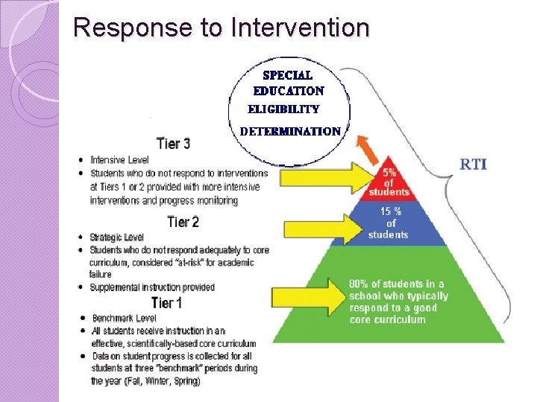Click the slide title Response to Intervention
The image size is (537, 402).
[x=222, y=28]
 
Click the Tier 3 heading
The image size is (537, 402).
[x=173, y=143]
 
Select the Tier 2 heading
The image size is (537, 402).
[x=183, y=222]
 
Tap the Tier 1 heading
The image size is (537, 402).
[x=166, y=302]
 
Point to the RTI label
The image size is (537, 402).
[x=474, y=163]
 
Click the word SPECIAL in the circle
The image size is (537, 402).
[x=287, y=75]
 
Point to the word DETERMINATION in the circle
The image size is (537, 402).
[x=290, y=131]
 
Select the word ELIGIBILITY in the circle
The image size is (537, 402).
[x=283, y=109]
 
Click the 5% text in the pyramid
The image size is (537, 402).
[x=389, y=172]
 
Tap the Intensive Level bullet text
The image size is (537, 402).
[x=119, y=159]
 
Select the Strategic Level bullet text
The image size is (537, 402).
[x=117, y=237]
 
